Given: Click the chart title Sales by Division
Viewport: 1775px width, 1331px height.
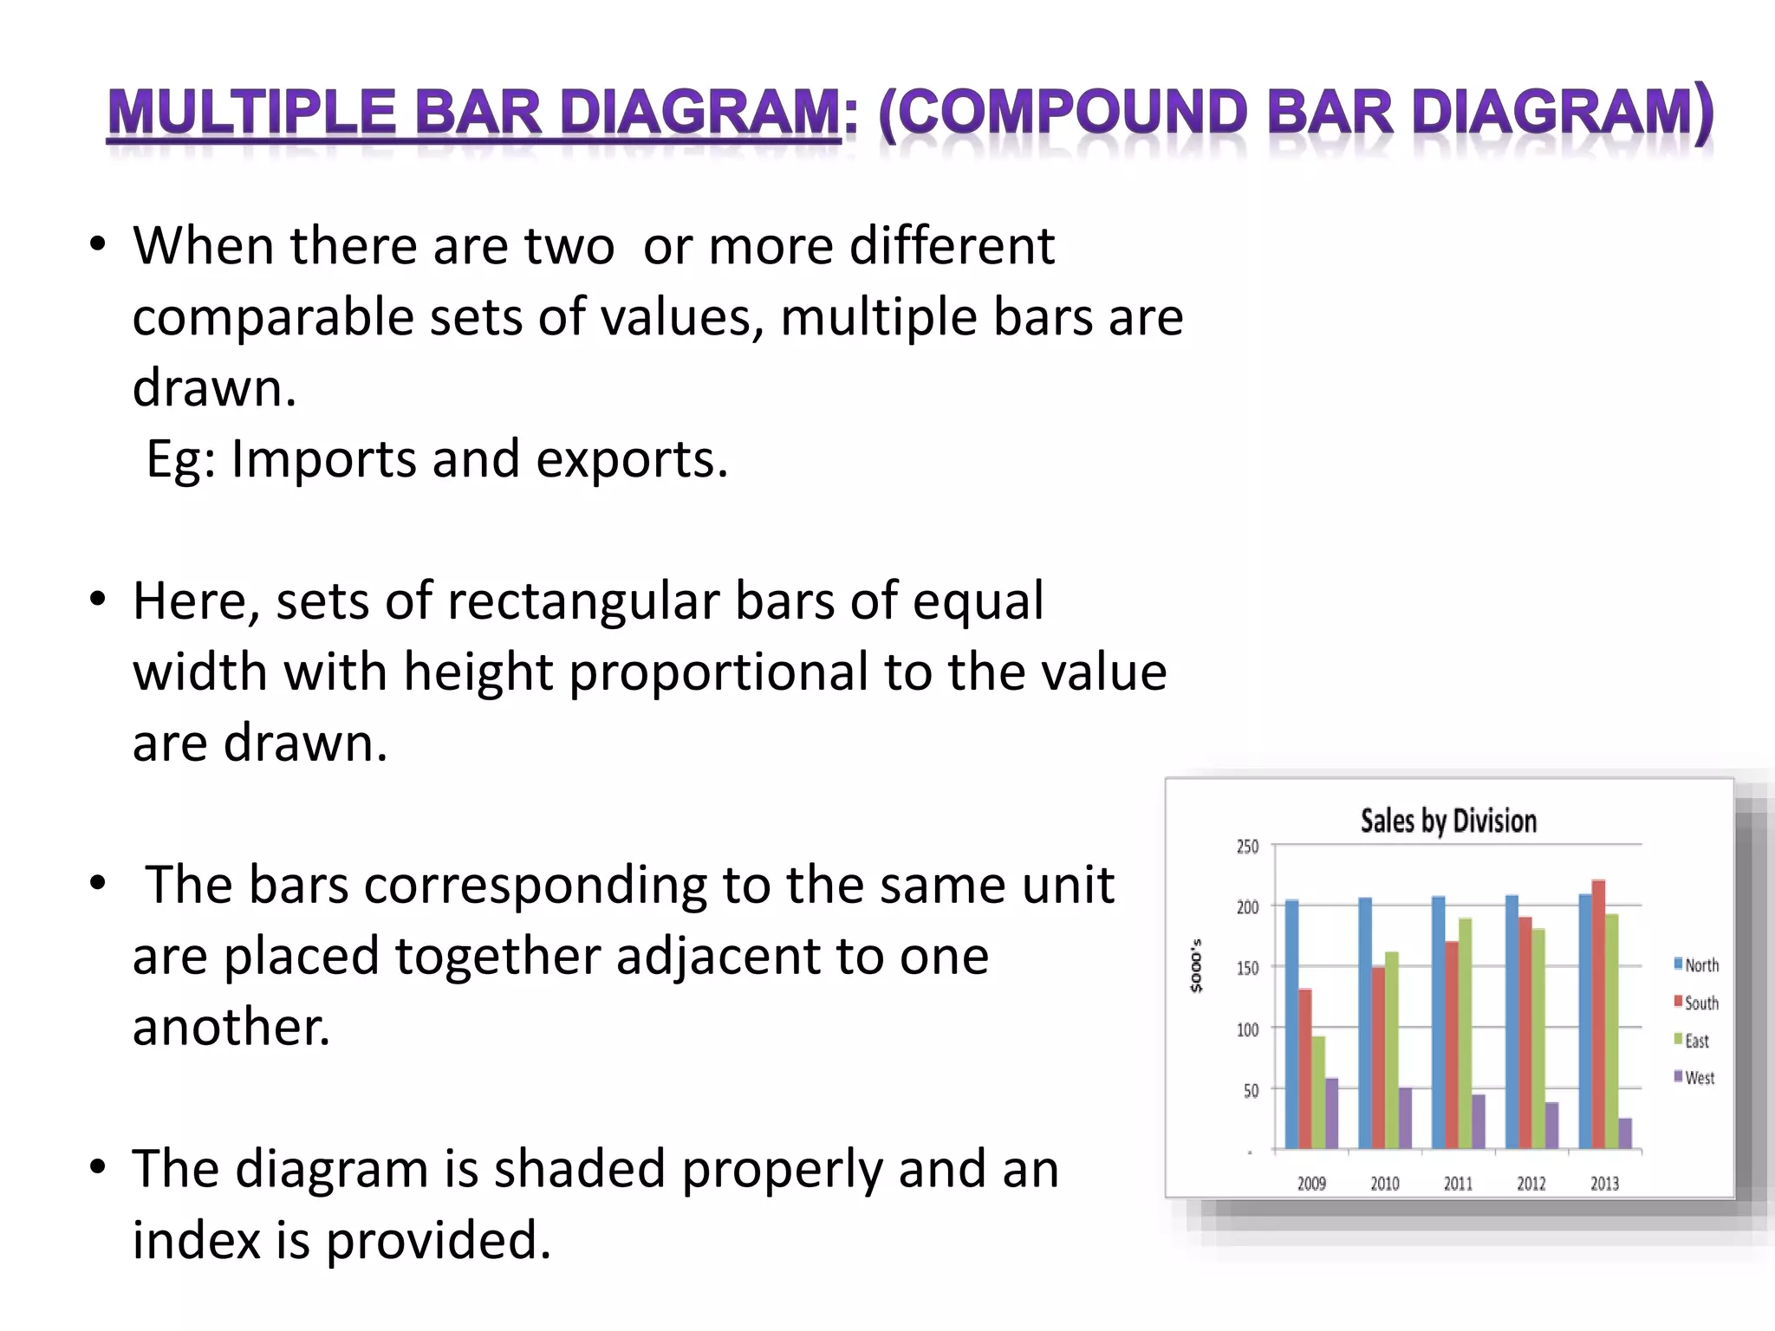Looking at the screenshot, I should click(1448, 820).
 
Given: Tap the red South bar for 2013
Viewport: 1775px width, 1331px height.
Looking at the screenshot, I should click(1598, 1014).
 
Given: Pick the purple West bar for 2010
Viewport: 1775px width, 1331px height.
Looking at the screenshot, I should click(1405, 1118).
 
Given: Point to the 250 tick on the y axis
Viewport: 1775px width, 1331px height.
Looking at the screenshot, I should click(1247, 846).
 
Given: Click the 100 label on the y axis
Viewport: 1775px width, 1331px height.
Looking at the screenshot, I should click(1247, 1029).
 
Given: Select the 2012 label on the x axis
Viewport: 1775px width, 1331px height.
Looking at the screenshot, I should click(1531, 1184).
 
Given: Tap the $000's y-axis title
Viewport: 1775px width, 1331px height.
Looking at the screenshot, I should click(1197, 965).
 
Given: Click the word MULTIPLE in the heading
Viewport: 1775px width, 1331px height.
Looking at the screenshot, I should click(251, 114).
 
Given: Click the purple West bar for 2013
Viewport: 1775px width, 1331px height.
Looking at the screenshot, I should click(1625, 1133).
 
